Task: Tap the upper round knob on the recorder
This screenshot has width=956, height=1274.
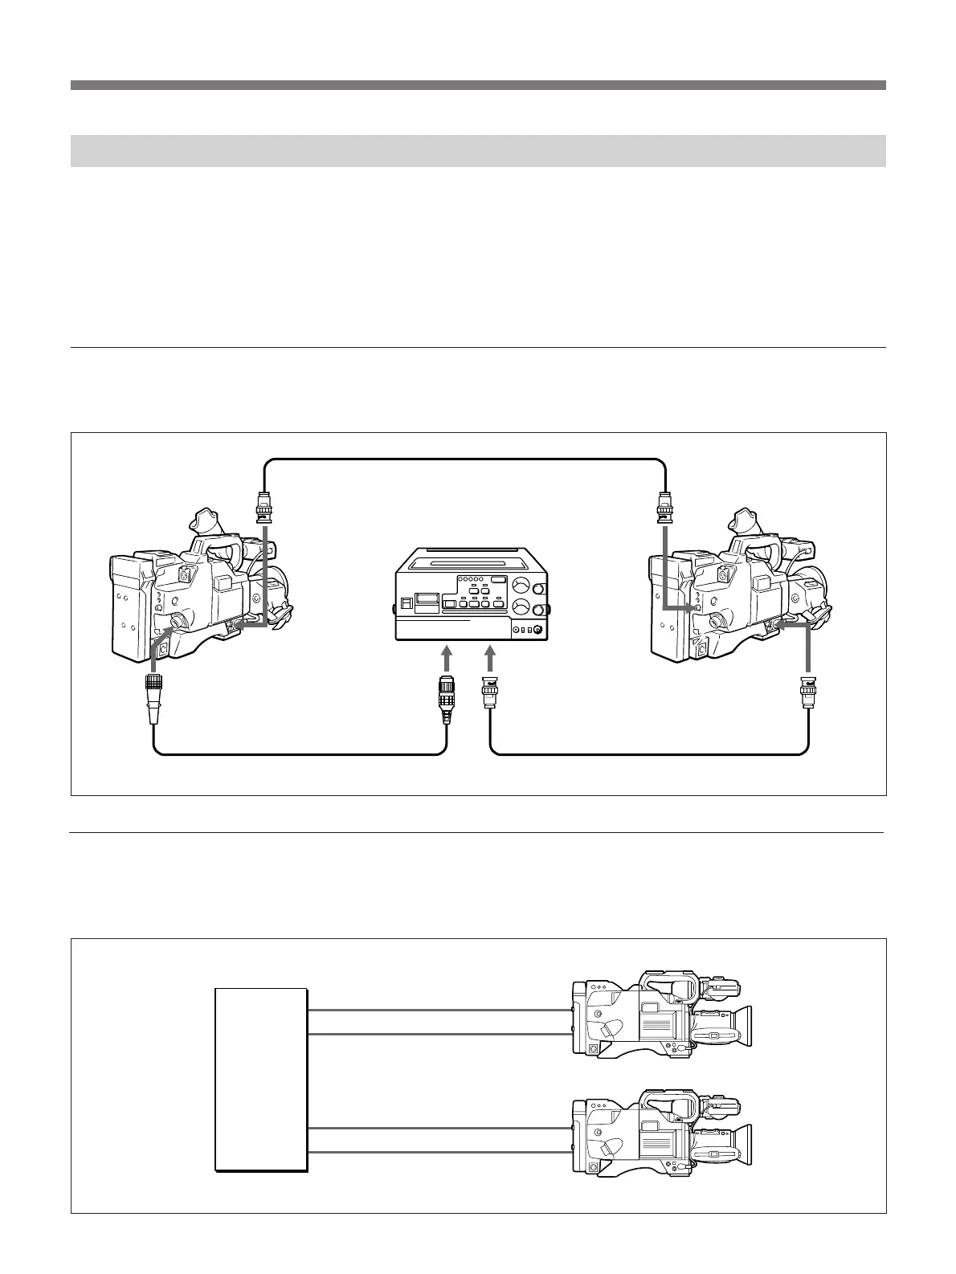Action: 521,584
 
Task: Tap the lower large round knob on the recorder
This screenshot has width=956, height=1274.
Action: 521,610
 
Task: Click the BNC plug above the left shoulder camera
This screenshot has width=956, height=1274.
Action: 264,508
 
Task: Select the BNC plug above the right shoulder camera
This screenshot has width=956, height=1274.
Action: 665,508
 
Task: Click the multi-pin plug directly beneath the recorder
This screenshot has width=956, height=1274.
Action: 447,692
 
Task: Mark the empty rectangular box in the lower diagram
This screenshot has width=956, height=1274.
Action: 261,1080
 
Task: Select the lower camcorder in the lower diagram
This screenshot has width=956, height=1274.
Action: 659,1133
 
